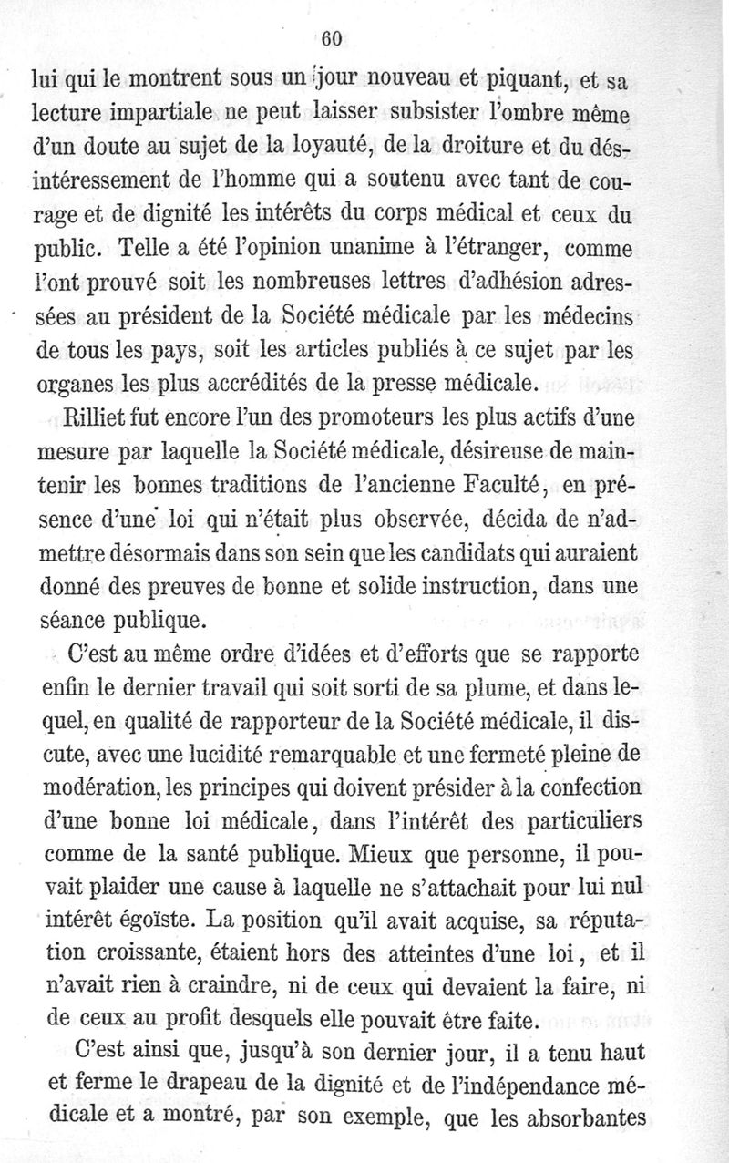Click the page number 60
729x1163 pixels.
click(330, 37)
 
